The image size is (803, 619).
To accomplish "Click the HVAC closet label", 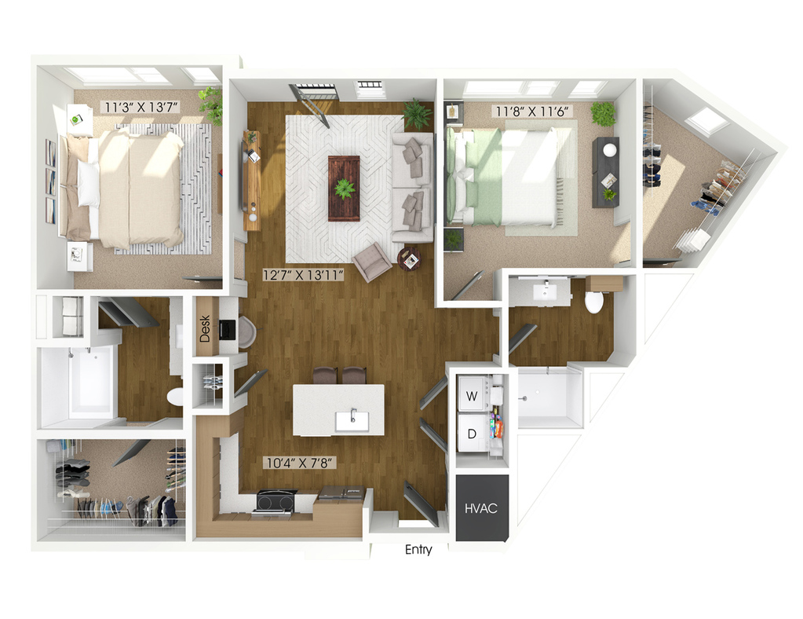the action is click(x=481, y=508).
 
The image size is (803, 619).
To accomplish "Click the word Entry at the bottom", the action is click(x=418, y=550).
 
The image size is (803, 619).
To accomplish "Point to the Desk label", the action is click(x=205, y=328).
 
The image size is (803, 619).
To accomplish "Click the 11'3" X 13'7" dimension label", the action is click(x=141, y=108).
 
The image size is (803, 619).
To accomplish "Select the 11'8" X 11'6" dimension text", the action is click(x=533, y=112).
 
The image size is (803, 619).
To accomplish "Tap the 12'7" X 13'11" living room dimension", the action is click(x=303, y=275).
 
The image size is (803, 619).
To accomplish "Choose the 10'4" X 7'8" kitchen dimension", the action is click(x=301, y=463).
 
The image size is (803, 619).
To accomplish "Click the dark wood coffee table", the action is click(x=344, y=188).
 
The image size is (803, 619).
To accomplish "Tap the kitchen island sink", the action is click(x=352, y=421).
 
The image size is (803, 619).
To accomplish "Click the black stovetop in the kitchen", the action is click(x=276, y=500).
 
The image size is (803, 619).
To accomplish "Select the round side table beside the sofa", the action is click(x=410, y=258).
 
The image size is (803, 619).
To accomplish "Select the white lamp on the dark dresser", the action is click(x=610, y=149).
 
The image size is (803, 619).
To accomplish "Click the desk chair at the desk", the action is click(x=246, y=331).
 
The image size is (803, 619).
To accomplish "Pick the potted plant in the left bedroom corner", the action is click(x=211, y=104).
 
